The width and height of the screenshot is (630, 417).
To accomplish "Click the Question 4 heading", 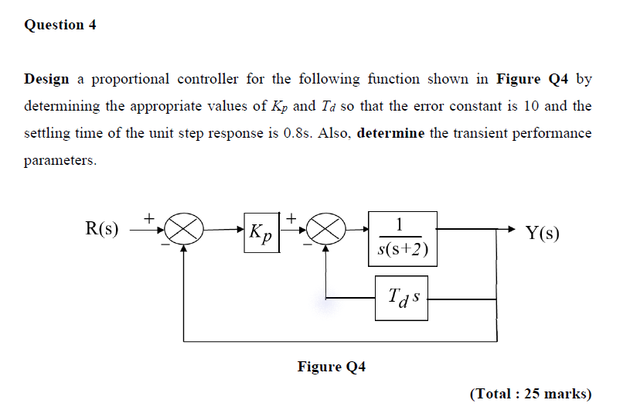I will pyautogui.click(x=60, y=25).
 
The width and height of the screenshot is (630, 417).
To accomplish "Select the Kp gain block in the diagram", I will pyautogui.click(x=261, y=231).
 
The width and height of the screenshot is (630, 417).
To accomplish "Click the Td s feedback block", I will pyautogui.click(x=401, y=296).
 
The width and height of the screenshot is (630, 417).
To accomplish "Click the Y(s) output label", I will pyautogui.click(x=542, y=233).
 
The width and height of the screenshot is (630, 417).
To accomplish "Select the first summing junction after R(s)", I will pyautogui.click(x=183, y=230).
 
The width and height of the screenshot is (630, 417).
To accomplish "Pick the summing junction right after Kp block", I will pyautogui.click(x=325, y=230).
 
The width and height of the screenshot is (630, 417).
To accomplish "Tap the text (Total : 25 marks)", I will pyautogui.click(x=530, y=394).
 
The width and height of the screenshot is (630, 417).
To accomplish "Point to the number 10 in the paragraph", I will pyautogui.click(x=532, y=106).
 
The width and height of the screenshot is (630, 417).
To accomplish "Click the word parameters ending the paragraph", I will pyautogui.click(x=60, y=160).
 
